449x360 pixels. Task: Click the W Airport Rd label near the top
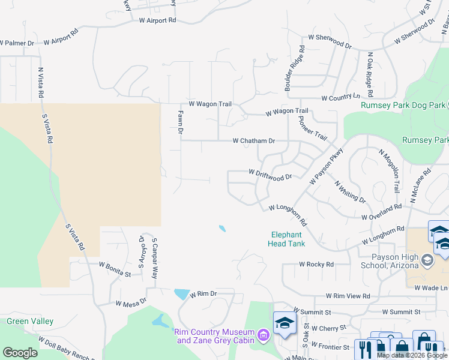pos(158,20)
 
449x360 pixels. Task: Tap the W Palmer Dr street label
pos(17,43)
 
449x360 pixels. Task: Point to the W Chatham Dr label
pos(253,141)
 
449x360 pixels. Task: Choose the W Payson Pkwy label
pos(325,166)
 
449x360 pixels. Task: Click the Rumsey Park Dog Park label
pos(403,105)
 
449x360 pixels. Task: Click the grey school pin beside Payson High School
pos(427,260)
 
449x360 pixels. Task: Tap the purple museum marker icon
pos(262,334)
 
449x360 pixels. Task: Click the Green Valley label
pos(30,322)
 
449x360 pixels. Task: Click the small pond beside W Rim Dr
pos(181,294)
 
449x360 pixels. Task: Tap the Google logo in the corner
pos(20,353)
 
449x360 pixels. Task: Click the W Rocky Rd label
pos(316,265)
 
